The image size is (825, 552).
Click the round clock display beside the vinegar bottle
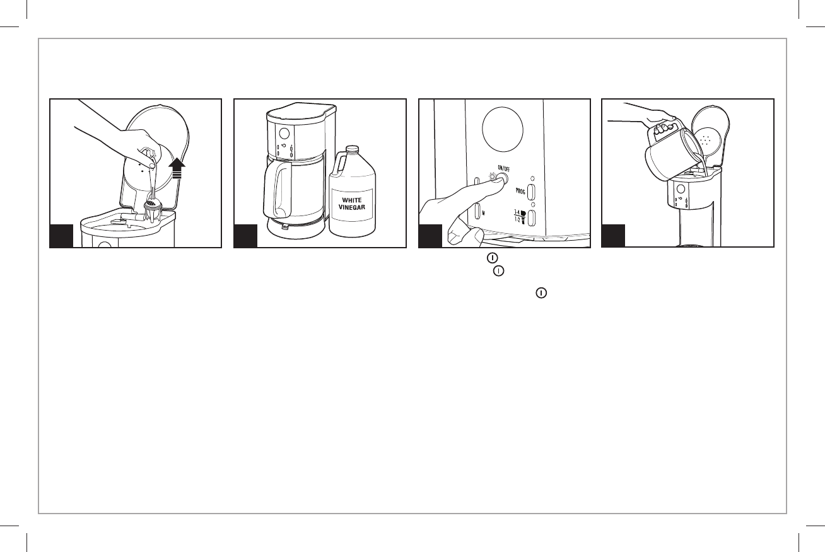pos(283,134)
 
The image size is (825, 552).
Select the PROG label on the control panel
pos(520,190)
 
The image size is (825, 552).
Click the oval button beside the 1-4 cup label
pos(532,218)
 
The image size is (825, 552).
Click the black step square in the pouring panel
pos(614,236)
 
